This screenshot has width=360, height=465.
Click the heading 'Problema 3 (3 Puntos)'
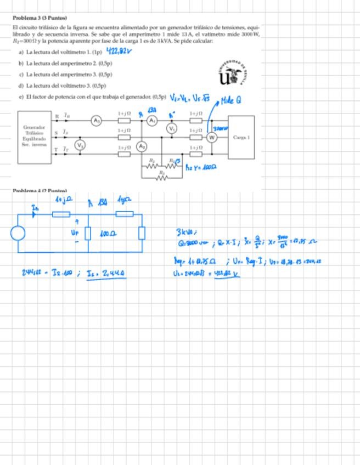tap(40, 18)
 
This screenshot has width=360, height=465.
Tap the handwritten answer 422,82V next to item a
tap(119, 52)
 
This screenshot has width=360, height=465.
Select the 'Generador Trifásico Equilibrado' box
tap(34, 137)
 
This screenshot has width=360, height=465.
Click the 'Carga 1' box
tap(241, 137)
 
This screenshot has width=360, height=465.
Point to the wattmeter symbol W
tap(211, 137)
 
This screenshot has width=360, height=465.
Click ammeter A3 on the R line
tap(97, 120)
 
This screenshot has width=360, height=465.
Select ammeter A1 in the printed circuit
tap(153, 120)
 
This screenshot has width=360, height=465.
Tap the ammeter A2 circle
tap(142, 146)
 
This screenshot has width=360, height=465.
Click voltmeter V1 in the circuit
tap(172, 129)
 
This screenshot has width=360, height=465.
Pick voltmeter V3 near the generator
tap(80, 145)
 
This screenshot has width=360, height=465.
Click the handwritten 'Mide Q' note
tap(230, 100)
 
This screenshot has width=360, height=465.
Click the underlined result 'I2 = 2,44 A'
tap(108, 272)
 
